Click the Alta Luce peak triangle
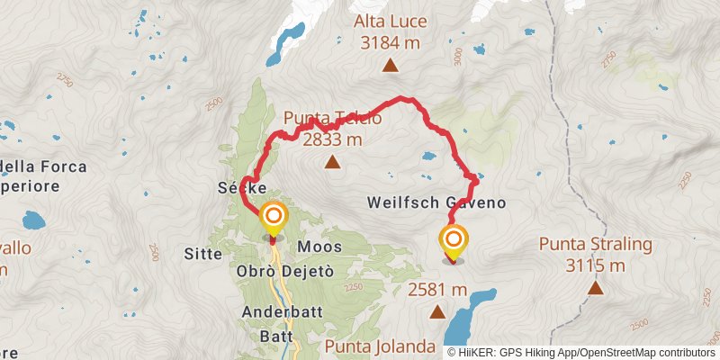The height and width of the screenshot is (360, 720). (391, 65)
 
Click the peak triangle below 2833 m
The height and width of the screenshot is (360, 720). (333, 163)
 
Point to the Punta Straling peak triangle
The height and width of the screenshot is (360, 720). (595, 288)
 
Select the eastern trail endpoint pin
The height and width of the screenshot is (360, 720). (454, 240)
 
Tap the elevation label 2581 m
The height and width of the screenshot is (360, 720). (437, 290)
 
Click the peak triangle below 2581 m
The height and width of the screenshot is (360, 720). (437, 312)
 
